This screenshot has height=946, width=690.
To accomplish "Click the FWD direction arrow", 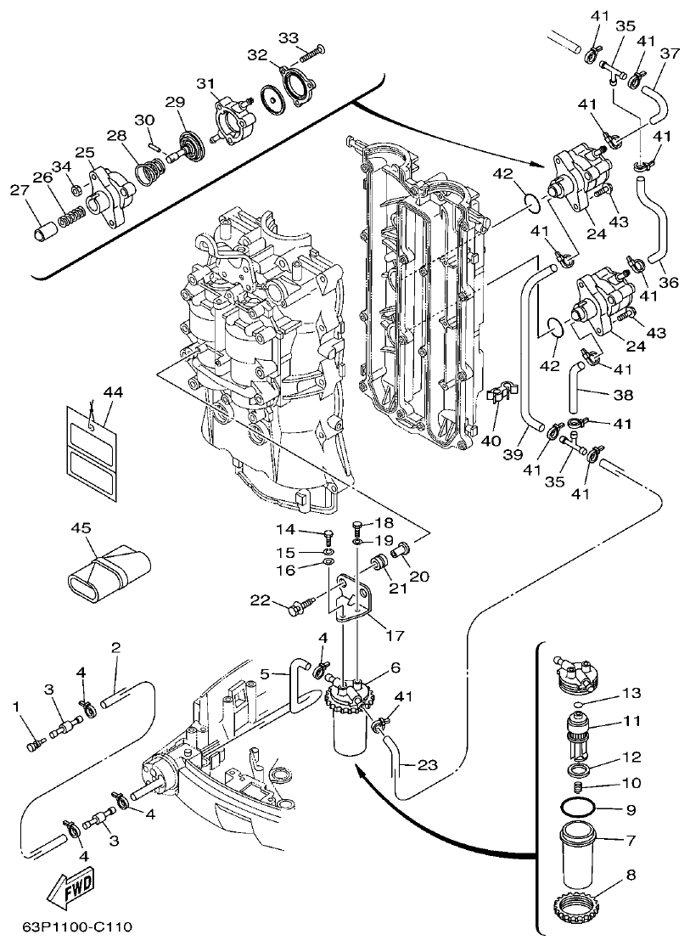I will tap(69, 886).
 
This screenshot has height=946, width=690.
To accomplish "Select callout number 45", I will tap(81, 529).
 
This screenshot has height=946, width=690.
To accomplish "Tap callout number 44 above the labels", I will tap(113, 391).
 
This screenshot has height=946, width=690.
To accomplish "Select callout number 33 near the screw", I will tap(289, 38).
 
